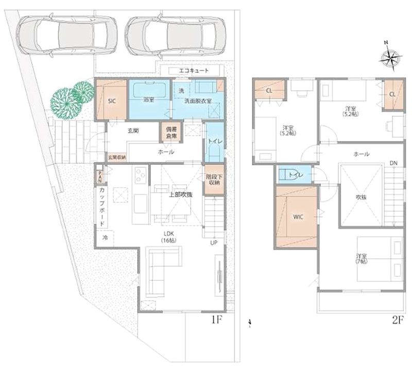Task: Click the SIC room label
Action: click(x=111, y=101)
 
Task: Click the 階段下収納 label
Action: click(x=213, y=178)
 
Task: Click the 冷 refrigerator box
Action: click(x=105, y=238)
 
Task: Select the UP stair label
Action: click(x=213, y=243)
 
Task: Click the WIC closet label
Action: click(x=299, y=216)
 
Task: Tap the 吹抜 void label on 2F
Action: click(x=360, y=197)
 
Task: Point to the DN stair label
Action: click(x=393, y=163)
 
